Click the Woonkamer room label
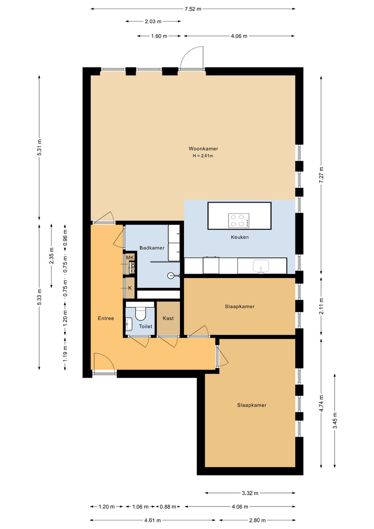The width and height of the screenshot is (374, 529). [x=203, y=149]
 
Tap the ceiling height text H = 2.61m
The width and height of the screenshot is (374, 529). [x=203, y=156]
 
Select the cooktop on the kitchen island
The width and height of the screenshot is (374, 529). [x=239, y=220]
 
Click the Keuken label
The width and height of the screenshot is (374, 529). [x=240, y=237]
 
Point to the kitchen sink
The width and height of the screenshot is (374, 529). [x=261, y=266]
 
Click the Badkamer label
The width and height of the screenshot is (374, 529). [x=152, y=248]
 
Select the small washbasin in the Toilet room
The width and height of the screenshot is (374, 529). [x=129, y=324]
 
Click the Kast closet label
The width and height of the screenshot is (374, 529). [x=168, y=318]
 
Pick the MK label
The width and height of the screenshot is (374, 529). [x=130, y=258]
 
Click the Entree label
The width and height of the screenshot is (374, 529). [x=106, y=318]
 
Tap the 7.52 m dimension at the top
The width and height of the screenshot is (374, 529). [x=193, y=9]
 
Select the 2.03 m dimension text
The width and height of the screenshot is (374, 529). [x=153, y=21]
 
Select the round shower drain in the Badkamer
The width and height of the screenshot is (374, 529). [x=170, y=275]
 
